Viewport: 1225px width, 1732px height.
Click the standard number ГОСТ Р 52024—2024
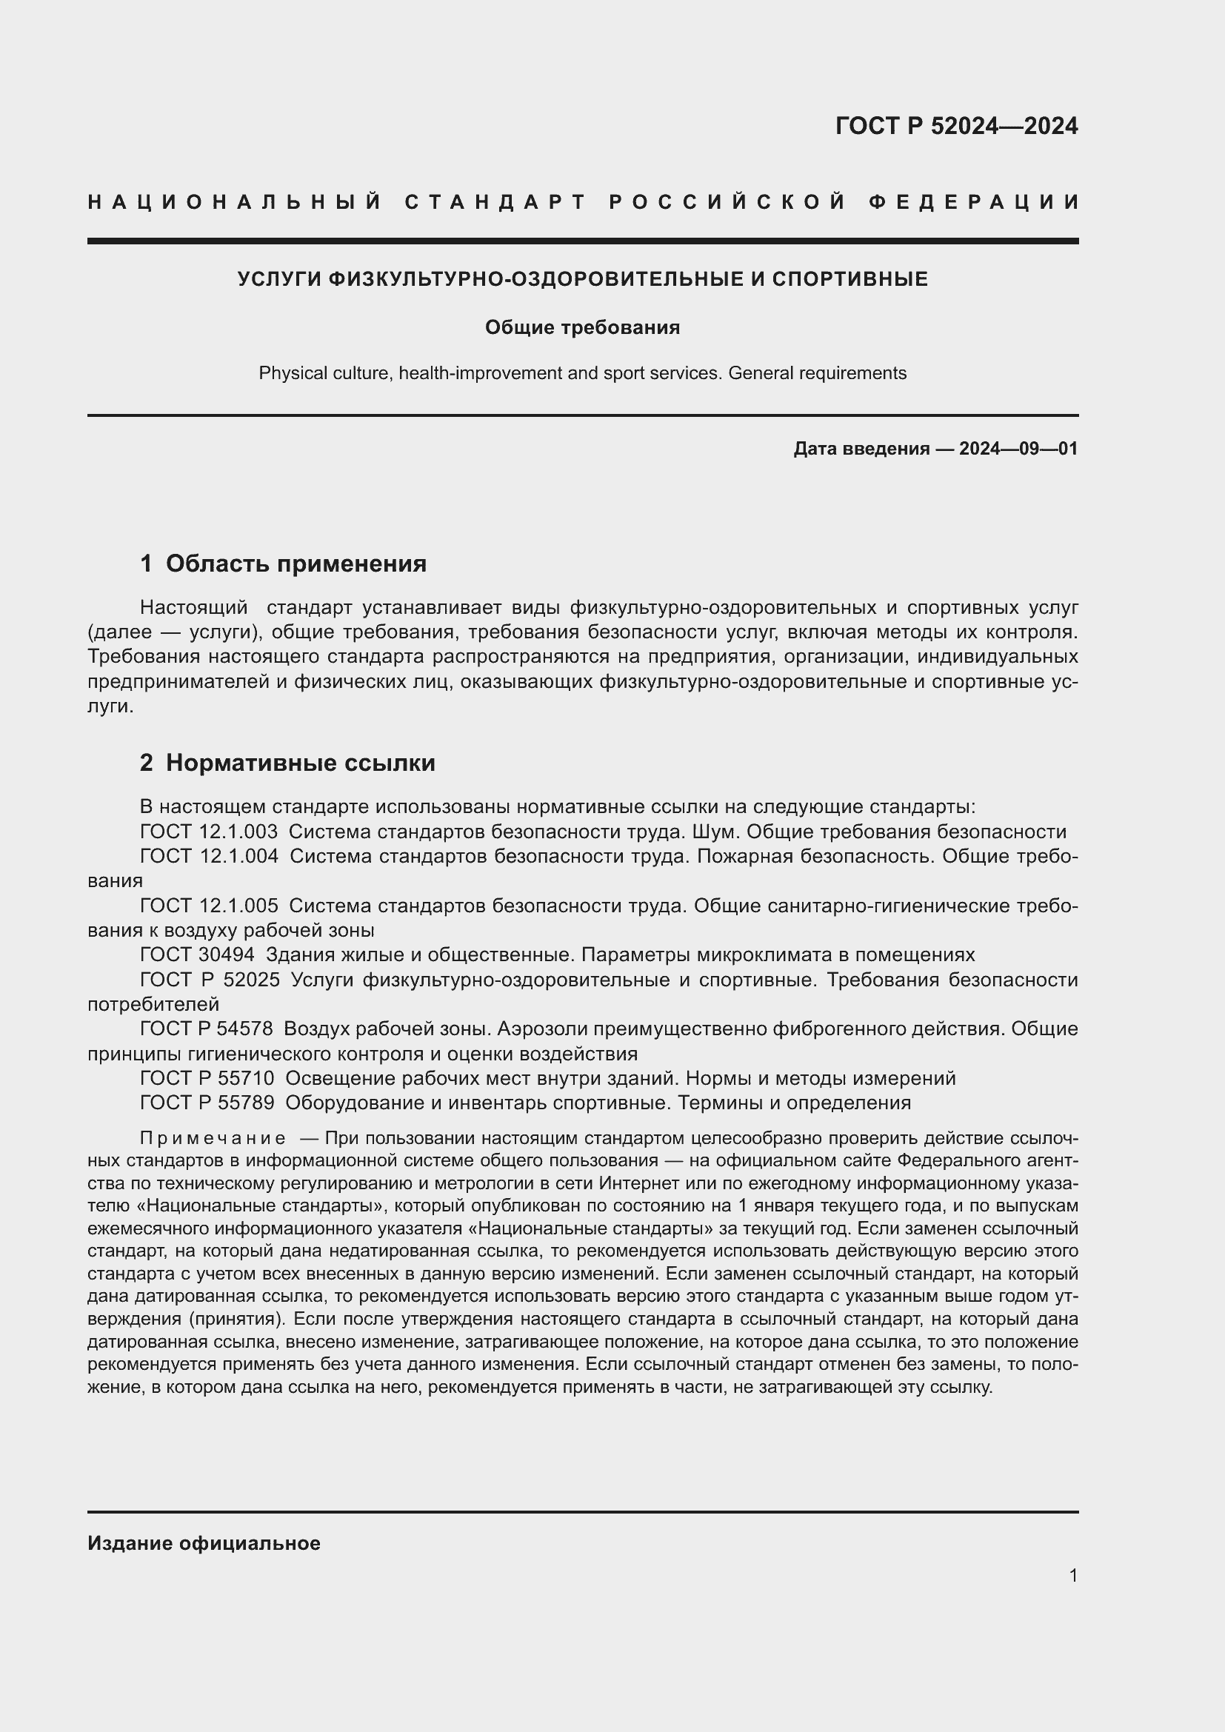pyautogui.click(x=955, y=126)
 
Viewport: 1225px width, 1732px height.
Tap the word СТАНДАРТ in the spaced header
pyautogui.click(x=495, y=202)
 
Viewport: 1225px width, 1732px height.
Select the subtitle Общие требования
pyautogui.click(x=582, y=327)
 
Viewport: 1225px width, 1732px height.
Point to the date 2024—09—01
pyautogui.click(x=1018, y=449)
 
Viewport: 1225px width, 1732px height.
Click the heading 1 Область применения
pyautogui.click(x=284, y=564)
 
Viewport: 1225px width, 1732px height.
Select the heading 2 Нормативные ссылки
pyautogui.click(x=287, y=763)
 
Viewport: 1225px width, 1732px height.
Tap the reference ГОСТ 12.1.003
pyautogui.click(x=209, y=832)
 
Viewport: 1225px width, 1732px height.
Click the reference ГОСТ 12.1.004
pyautogui.click(x=209, y=856)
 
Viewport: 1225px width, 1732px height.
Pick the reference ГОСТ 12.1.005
pyautogui.click(x=209, y=906)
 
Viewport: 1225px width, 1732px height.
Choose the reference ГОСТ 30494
pyautogui.click(x=198, y=955)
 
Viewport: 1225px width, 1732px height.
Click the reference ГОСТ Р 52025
pyautogui.click(x=210, y=980)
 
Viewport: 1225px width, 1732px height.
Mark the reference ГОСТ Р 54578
pyautogui.click(x=207, y=1029)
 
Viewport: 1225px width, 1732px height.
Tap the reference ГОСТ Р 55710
pyautogui.click(x=207, y=1079)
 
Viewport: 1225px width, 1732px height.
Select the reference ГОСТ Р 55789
pyautogui.click(x=207, y=1103)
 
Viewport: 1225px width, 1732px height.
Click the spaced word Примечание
pyautogui.click(x=213, y=1138)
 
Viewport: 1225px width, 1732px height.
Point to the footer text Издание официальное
pyautogui.click(x=204, y=1543)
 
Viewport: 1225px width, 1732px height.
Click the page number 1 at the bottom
pyautogui.click(x=1073, y=1576)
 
